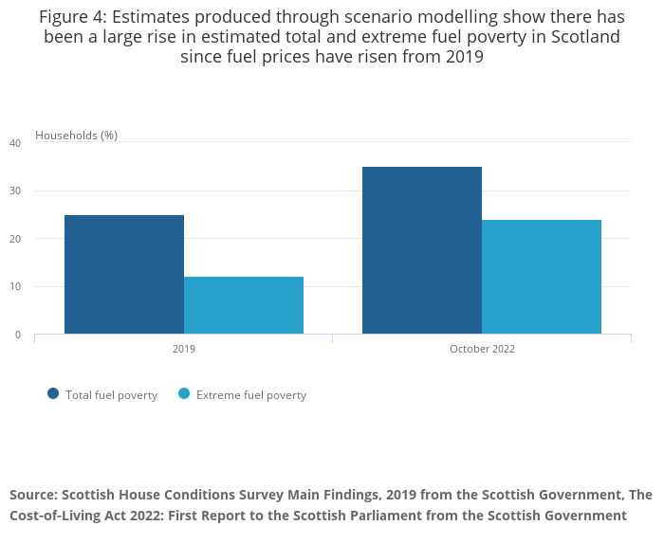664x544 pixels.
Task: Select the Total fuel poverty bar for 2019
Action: [x=124, y=275]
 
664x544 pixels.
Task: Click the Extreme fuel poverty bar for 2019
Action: [x=244, y=305]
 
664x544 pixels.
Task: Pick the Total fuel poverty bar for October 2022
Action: [x=422, y=250]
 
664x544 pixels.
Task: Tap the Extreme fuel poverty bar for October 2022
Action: [x=542, y=277]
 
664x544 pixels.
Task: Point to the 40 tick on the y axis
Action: [x=15, y=143]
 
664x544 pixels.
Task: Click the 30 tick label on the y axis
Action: [x=15, y=191]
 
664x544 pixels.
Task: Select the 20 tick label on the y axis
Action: [x=15, y=239]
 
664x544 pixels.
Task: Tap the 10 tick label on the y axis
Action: [x=15, y=287]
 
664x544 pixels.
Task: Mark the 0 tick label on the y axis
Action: [x=18, y=335]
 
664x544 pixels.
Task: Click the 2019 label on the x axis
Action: [x=184, y=350]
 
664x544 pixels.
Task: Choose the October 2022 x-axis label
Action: [x=482, y=350]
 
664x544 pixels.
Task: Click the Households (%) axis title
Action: [x=76, y=136]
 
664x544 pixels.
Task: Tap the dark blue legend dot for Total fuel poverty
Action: [x=53, y=394]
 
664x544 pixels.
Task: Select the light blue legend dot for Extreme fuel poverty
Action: [x=184, y=394]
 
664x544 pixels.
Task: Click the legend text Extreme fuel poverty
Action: [x=251, y=395]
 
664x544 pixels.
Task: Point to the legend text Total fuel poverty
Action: [x=111, y=395]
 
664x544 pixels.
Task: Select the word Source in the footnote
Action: [x=34, y=495]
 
